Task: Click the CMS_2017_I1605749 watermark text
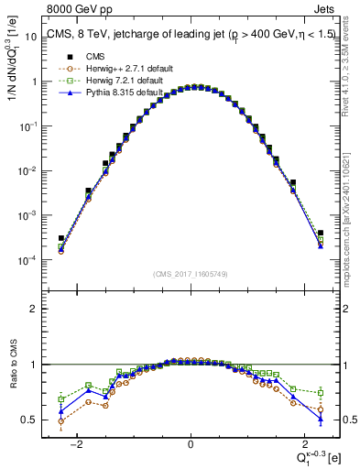pyautogui.click(x=191, y=274)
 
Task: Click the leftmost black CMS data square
pyautogui.click(x=61, y=238)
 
